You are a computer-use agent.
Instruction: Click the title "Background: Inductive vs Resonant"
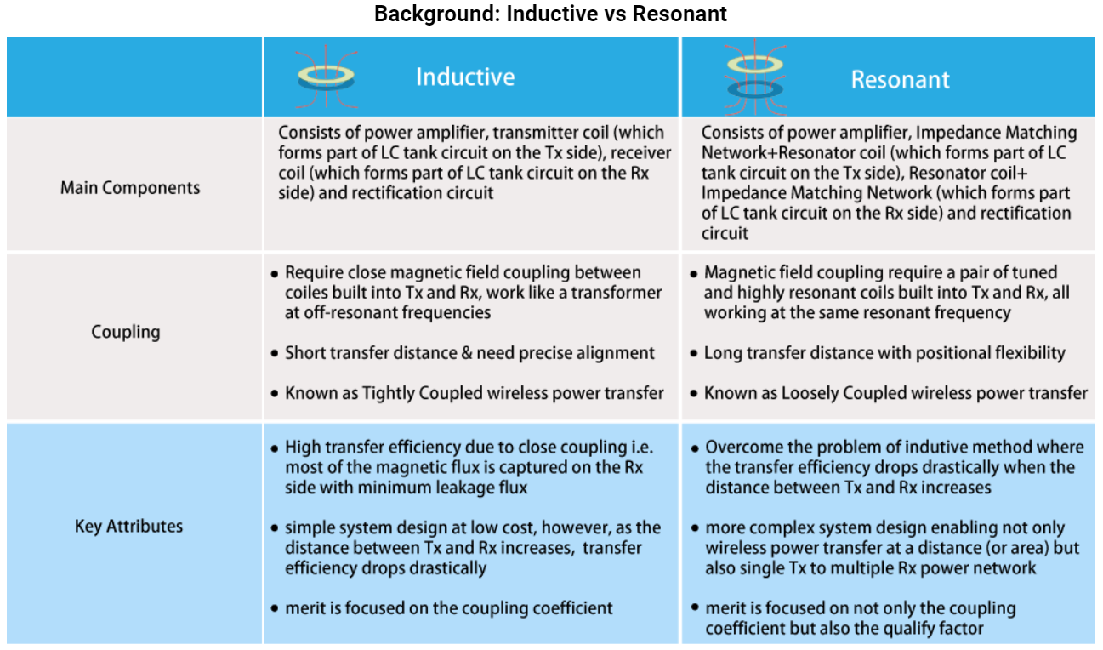click(x=550, y=14)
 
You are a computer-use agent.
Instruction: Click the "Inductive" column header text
click(x=465, y=77)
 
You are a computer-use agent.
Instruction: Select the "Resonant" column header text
click(x=900, y=79)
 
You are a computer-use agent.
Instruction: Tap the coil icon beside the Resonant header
click(x=754, y=77)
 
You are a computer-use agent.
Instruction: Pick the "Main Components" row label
click(x=130, y=187)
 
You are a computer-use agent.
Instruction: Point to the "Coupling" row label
click(x=126, y=331)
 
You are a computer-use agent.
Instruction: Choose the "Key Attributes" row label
click(x=128, y=526)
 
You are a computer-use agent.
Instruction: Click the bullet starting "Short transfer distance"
click(x=469, y=353)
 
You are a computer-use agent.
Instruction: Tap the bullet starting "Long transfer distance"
click(x=884, y=353)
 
